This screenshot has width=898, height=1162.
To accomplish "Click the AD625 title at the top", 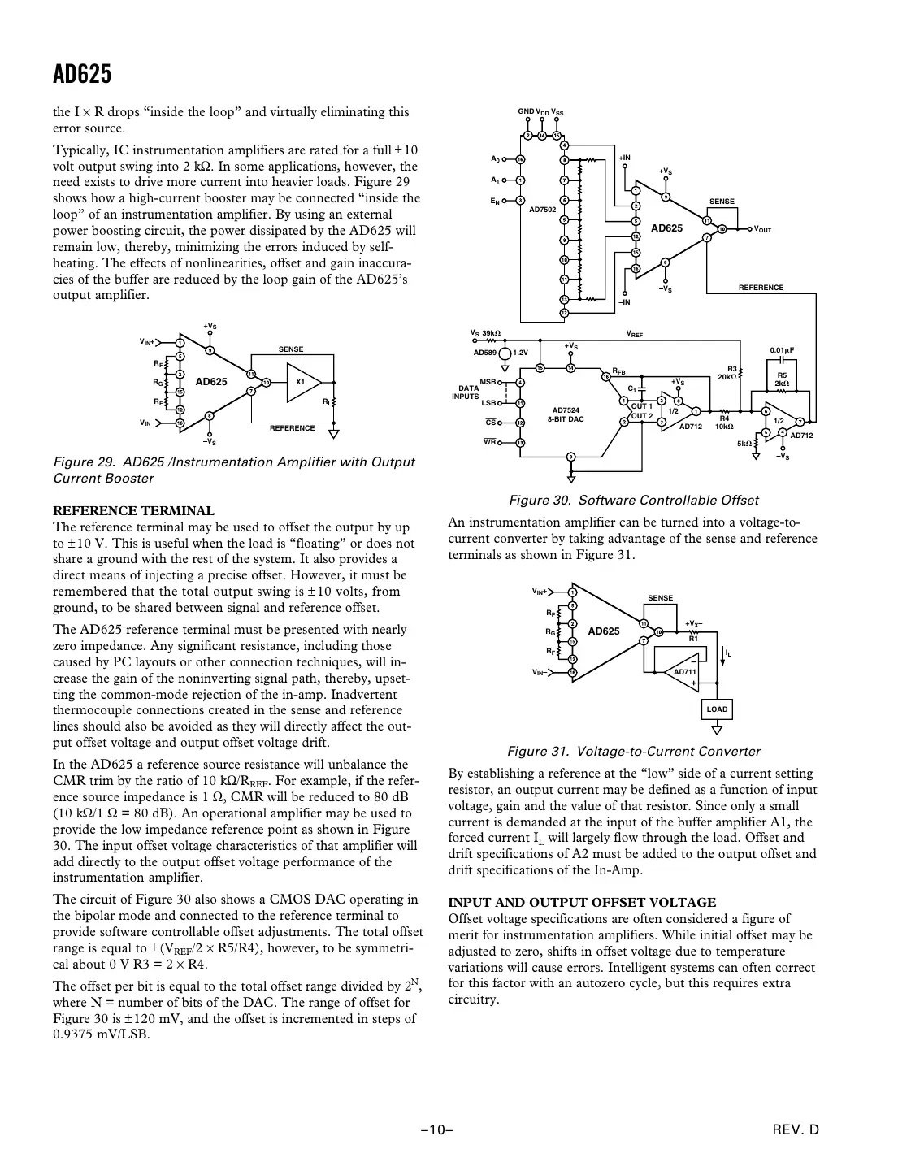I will click(x=82, y=75).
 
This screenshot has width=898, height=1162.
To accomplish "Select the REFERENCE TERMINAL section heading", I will click(x=133, y=510).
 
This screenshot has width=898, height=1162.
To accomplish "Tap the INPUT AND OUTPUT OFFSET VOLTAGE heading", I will click(x=582, y=902).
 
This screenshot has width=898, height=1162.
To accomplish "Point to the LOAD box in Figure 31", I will click(x=717, y=709).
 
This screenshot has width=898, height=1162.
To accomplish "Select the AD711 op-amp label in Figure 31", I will click(x=684, y=672).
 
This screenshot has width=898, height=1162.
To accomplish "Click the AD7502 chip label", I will click(x=542, y=209).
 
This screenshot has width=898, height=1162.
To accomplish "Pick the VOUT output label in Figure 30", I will click(x=762, y=230).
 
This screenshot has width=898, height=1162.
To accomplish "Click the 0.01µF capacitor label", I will click(x=781, y=350).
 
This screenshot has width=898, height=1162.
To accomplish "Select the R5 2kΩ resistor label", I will click(x=782, y=379).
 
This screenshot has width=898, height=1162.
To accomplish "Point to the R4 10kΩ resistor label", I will click(x=724, y=422).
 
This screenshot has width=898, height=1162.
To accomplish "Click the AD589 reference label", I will click(x=484, y=353).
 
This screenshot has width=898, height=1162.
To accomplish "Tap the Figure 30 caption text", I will click(x=633, y=500).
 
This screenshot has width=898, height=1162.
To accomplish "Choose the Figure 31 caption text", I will click(x=634, y=751).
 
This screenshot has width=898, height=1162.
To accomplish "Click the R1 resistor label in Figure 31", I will click(x=693, y=639).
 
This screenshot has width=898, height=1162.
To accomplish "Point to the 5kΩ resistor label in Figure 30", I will click(x=744, y=444).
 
